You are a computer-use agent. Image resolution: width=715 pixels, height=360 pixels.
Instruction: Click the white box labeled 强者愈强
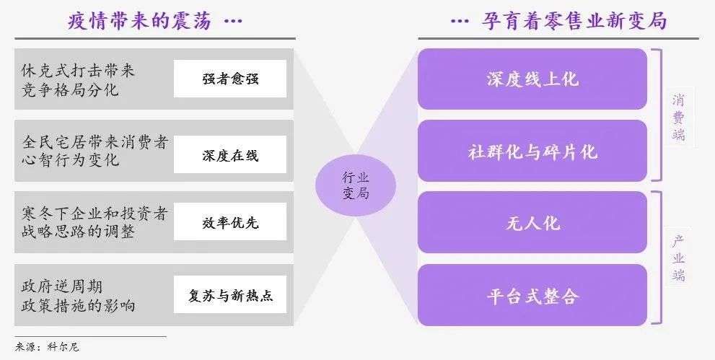click(x=230, y=79)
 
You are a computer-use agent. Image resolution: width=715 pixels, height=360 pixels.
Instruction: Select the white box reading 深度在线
click(x=230, y=154)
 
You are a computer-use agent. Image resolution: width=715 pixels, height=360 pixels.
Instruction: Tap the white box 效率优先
click(x=230, y=221)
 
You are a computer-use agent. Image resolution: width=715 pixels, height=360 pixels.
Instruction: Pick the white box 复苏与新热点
click(x=230, y=294)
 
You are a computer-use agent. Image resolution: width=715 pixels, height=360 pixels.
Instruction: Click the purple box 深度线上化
click(x=532, y=79)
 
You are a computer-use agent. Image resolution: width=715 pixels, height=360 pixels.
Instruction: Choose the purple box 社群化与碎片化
click(x=532, y=151)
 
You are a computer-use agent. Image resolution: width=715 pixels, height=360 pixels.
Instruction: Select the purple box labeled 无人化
click(x=532, y=222)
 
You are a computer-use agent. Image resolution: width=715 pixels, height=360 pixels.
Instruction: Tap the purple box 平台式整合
click(x=532, y=295)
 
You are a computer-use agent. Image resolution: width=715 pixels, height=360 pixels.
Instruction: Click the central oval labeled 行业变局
click(x=356, y=185)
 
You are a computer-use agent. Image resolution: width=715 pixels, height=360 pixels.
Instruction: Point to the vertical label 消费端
click(x=678, y=117)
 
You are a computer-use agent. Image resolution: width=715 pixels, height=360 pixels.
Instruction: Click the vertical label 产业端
click(x=678, y=258)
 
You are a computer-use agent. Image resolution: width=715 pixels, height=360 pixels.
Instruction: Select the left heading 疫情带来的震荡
click(x=140, y=20)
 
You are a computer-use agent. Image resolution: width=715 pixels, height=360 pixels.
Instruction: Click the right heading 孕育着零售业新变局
click(x=574, y=20)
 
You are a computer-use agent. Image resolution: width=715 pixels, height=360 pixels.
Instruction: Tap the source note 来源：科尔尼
click(x=47, y=347)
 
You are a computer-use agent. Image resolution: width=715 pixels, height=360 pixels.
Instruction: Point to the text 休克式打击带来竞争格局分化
click(x=78, y=79)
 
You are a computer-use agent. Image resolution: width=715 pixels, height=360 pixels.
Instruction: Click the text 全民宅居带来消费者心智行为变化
click(x=95, y=150)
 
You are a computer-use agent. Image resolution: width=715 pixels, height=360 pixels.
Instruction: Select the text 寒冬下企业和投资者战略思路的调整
click(x=95, y=222)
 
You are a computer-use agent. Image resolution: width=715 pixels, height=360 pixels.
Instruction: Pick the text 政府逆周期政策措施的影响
click(x=78, y=296)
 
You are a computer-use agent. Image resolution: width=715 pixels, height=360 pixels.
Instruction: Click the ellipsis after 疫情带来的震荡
click(x=233, y=21)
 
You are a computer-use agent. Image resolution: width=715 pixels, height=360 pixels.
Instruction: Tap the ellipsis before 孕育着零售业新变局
click(x=460, y=21)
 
